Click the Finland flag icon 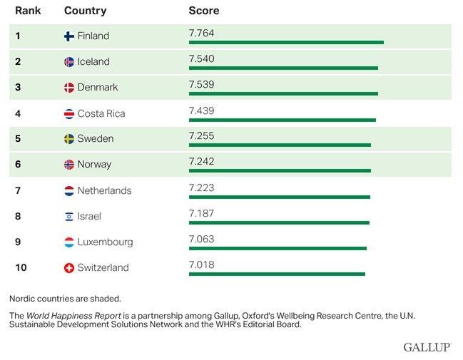pos(69,36)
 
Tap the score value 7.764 pos(201,33)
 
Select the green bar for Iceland pos(283,68)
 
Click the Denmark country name pos(97,87)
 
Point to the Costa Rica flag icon pos(69,113)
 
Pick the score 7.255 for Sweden pos(201,135)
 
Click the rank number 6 pos(18,165)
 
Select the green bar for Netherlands pos(279,197)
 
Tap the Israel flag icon pos(69,216)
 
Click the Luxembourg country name pos(105,242)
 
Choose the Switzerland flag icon pos(69,268)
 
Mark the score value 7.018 pos(201,264)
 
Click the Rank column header pos(27,11)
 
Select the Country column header pos(85,11)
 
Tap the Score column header pos(203,11)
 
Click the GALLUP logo pos(427,347)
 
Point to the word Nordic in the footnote pos(24,299)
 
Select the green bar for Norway pos(280,170)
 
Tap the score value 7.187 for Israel pos(201,213)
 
